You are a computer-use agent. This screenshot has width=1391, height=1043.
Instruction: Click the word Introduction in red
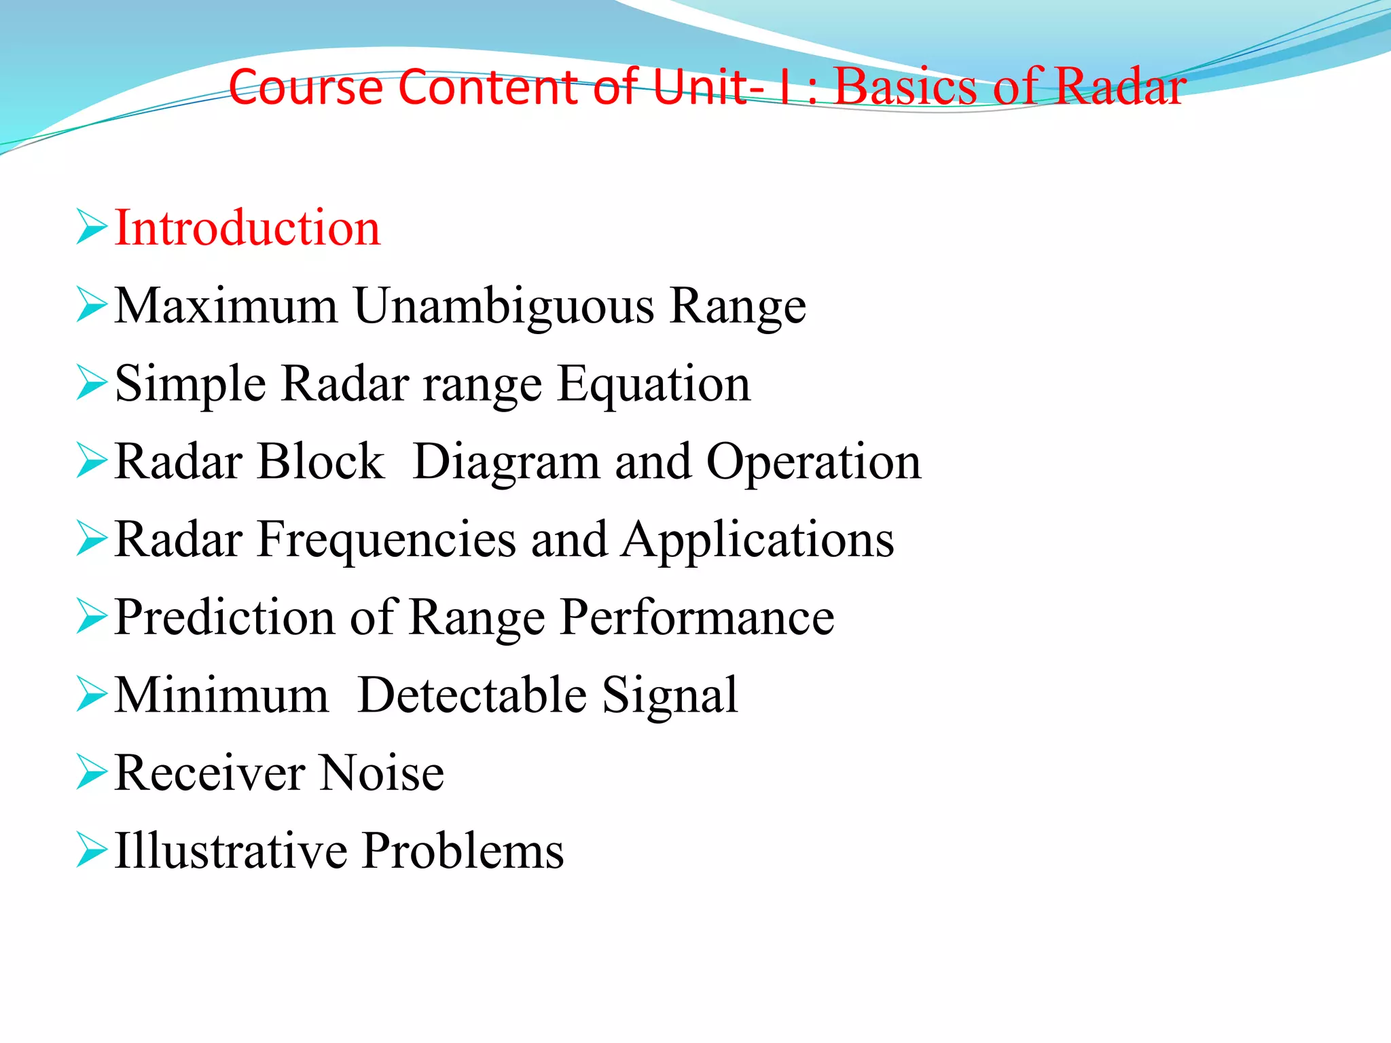pos(247,227)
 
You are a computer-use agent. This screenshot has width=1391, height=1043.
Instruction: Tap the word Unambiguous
pos(503,306)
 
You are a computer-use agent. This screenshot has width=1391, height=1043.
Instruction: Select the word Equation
pos(653,384)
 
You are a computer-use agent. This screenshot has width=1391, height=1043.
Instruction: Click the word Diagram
pos(506,462)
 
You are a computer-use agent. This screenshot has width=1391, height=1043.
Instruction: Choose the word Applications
pos(758,541)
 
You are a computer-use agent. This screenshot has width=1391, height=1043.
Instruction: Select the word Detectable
pos(472,695)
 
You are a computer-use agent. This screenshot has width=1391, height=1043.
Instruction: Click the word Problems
pos(463,852)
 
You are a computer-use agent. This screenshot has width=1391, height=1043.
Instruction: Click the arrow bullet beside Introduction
pos(91,227)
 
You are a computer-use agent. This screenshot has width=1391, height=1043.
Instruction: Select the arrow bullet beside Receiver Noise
pos(91,772)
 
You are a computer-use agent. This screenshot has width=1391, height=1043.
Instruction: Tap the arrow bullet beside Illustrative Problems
pos(91,850)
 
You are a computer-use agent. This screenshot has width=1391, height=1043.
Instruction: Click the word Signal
pos(670,697)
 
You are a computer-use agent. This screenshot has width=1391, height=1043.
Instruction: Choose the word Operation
pos(814,462)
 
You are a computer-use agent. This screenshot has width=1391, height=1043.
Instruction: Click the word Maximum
pos(226,306)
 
